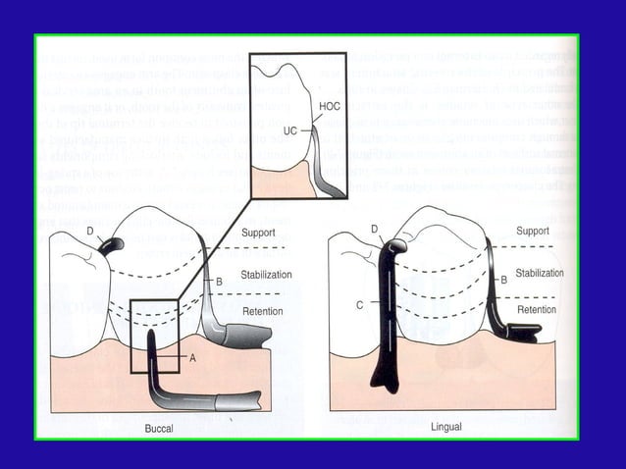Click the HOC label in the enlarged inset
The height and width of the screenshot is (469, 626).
(329, 105)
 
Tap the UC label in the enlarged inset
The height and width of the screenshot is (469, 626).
(290, 130)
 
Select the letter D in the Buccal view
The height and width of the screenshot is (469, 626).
(90, 232)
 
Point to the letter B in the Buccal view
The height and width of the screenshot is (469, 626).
(219, 282)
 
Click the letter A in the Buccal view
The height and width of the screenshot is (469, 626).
(192, 358)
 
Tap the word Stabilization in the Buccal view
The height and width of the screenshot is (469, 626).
(266, 275)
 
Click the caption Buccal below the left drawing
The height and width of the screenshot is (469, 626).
(159, 429)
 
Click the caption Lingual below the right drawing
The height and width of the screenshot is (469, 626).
(446, 428)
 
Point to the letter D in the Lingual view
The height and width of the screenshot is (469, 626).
(374, 229)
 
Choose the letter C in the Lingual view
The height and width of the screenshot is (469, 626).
(360, 305)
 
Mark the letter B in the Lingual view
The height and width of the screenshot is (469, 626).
(503, 280)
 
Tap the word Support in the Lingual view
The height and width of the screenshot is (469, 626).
(533, 231)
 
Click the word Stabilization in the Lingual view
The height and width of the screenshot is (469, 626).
(540, 273)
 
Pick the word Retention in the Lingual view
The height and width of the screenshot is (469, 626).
(536, 309)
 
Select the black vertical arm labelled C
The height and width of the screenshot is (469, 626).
(385, 314)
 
